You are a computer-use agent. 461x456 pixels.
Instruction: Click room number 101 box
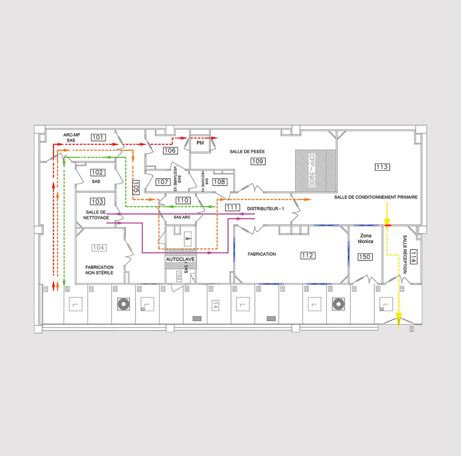coord(98,137)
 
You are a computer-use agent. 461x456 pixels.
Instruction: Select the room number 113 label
coord(382,167)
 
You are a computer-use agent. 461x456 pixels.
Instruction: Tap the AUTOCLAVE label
coord(181,260)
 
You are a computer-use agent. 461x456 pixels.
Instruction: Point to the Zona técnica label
coord(365,239)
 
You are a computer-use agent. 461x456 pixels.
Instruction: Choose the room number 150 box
coord(365,257)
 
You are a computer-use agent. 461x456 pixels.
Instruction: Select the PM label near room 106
coord(200,144)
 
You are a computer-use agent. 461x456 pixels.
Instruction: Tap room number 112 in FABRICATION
coord(307,255)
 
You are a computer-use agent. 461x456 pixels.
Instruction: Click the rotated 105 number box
coord(136,186)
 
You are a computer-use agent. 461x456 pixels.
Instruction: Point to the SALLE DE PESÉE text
coord(248,151)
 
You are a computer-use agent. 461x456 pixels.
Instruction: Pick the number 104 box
coord(99,248)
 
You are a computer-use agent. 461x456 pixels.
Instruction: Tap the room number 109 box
coord(257,161)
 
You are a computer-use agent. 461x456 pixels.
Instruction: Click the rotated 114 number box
coord(413,257)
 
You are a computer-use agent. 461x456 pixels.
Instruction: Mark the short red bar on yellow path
coord(388,225)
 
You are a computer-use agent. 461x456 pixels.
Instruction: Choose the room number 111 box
coord(233,208)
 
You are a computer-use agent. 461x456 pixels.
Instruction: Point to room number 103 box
coord(97,201)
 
